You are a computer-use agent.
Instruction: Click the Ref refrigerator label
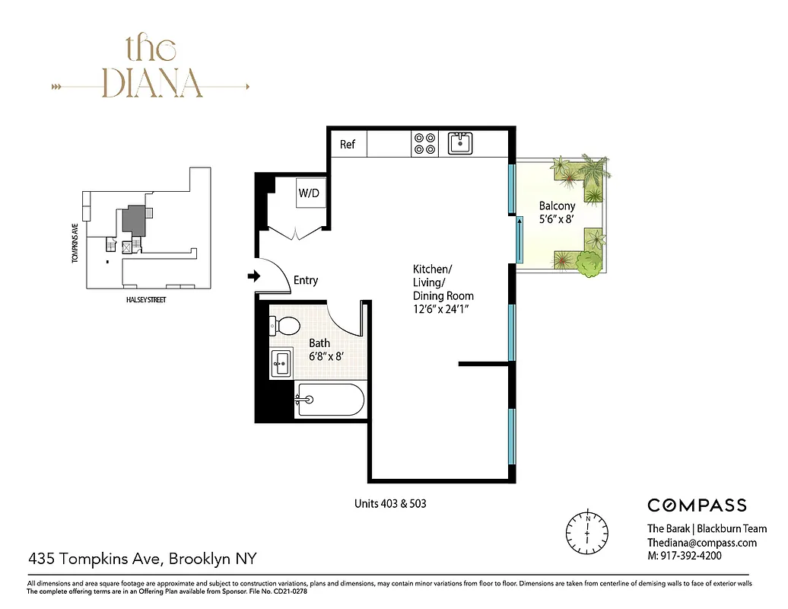click(x=348, y=144)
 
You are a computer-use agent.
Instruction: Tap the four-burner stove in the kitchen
click(x=424, y=143)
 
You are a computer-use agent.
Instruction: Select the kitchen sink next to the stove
click(x=460, y=142)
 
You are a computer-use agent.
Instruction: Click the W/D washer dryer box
click(x=309, y=193)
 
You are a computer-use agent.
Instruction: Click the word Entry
click(x=306, y=281)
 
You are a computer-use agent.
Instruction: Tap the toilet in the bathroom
click(x=284, y=326)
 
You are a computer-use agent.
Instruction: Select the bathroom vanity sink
click(x=282, y=364)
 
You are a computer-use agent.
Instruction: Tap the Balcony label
click(x=557, y=206)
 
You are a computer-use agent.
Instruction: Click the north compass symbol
click(x=588, y=527)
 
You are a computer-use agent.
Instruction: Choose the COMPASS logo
click(x=697, y=505)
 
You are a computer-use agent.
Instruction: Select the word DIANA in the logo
click(x=152, y=84)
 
